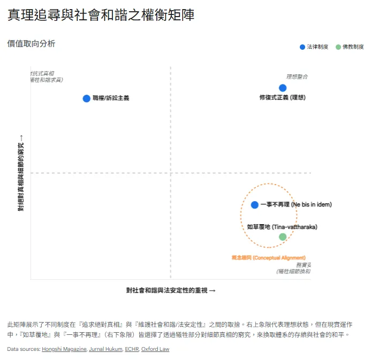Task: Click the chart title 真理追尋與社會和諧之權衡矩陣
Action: pyautogui.click(x=101, y=16)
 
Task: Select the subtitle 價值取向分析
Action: pyautogui.click(x=31, y=44)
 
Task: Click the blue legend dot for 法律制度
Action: pyautogui.click(x=302, y=47)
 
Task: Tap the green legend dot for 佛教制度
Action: pyautogui.click(x=338, y=47)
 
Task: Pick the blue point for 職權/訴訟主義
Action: pyautogui.click(x=86, y=98)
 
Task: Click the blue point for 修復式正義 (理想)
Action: pyautogui.click(x=283, y=88)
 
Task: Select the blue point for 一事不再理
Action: pyautogui.click(x=255, y=205)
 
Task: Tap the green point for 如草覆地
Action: pyautogui.click(x=283, y=236)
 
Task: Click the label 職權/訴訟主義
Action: pyautogui.click(x=111, y=98)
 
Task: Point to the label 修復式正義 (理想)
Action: pyautogui.click(x=282, y=98)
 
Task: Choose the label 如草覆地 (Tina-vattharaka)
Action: pyautogui.click(x=282, y=227)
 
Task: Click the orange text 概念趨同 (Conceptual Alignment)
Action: pyautogui.click(x=268, y=258)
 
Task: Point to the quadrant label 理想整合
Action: pyautogui.click(x=297, y=77)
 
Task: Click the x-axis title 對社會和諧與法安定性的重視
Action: pyautogui.click(x=171, y=290)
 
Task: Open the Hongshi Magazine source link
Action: pyautogui.click(x=64, y=349)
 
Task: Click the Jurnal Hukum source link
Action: pyautogui.click(x=105, y=349)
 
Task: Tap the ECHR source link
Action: pyautogui.click(x=131, y=349)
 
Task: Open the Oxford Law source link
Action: pyautogui.click(x=155, y=349)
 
